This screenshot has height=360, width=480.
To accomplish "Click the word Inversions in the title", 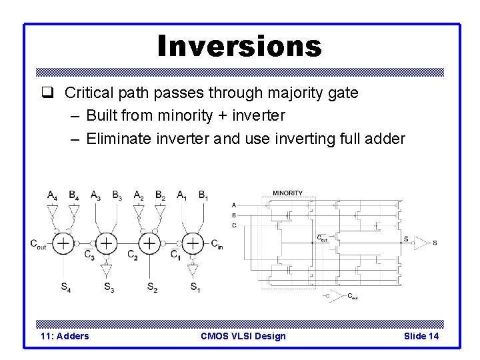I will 239,46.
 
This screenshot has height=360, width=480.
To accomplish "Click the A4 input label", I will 52,195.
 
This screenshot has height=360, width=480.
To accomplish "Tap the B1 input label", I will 203,195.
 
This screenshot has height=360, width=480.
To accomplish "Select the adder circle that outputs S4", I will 63,243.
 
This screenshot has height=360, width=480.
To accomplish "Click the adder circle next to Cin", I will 193,243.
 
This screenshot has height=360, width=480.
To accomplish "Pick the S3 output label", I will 108,287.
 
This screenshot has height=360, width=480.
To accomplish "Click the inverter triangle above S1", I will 193,270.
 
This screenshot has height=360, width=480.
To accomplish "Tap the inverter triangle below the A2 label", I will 139,212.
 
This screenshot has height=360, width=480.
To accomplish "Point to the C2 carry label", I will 132,254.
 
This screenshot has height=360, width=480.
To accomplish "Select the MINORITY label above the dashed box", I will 287,193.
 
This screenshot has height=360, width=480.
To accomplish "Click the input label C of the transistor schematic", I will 233,225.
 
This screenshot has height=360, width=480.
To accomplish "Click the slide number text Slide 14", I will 421,336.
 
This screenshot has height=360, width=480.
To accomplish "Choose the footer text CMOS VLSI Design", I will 243,336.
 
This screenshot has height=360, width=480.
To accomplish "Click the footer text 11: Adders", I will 65,336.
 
